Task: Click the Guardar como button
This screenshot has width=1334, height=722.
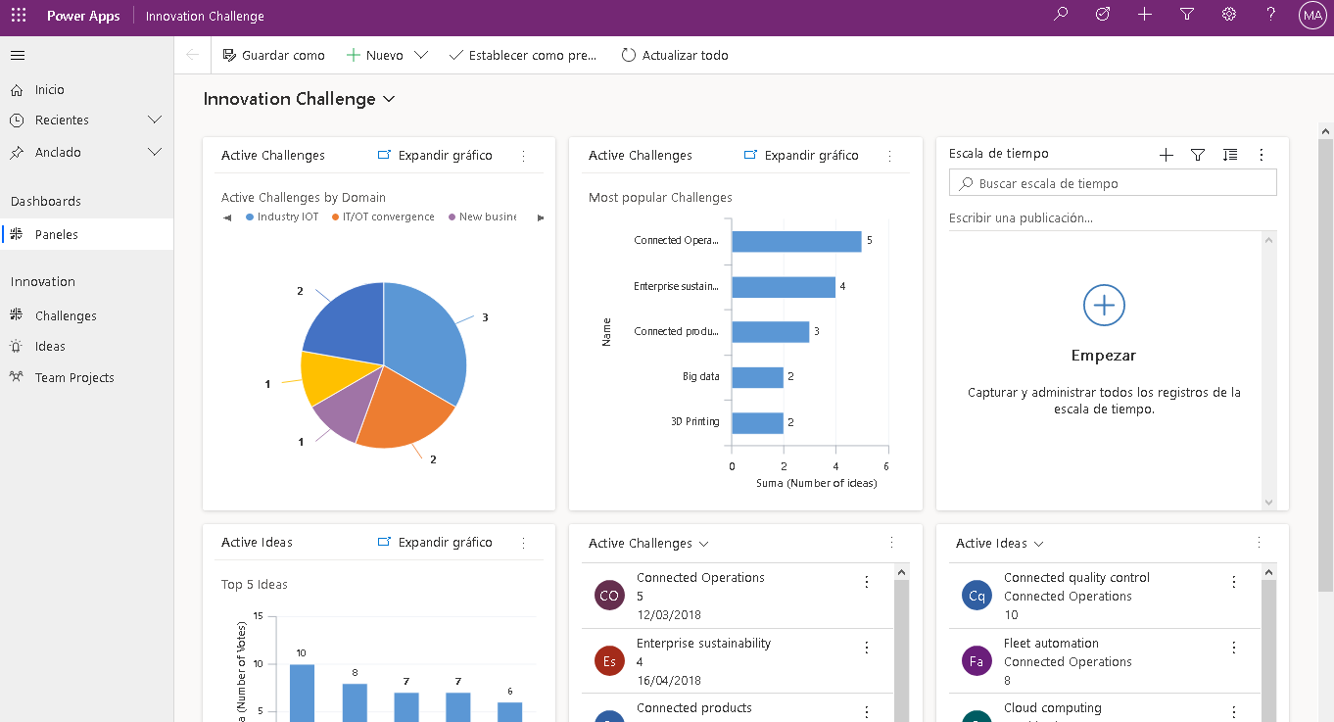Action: coord(273,56)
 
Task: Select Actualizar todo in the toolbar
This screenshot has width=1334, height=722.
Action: coord(675,56)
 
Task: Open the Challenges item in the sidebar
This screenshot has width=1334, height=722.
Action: coord(66,316)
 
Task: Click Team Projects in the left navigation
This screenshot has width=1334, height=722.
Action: coord(74,378)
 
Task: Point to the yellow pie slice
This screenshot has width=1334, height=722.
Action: coord(323,377)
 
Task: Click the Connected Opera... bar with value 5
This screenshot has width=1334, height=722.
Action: coord(796,241)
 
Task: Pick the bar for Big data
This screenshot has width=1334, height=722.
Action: coord(757,377)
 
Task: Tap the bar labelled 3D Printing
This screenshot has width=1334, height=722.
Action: coord(757,422)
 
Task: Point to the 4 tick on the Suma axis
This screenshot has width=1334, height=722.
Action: coord(835,466)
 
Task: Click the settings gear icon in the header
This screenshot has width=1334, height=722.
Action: coord(1229,15)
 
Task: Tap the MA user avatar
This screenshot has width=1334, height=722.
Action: coord(1311,16)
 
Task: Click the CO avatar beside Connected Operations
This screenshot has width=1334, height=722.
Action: coord(609,596)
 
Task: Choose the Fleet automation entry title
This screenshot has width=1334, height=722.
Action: coord(1051,644)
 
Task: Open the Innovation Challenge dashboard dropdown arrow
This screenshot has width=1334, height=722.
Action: coord(389,100)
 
